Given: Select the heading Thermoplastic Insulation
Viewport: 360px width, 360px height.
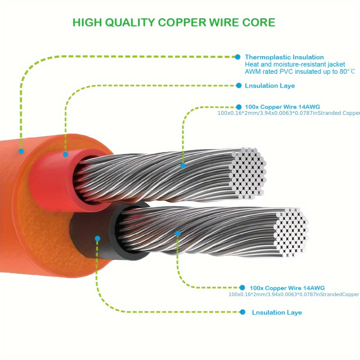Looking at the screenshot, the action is pyautogui.click(x=284, y=57).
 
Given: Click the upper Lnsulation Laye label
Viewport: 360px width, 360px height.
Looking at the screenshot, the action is pyautogui.click(x=270, y=86).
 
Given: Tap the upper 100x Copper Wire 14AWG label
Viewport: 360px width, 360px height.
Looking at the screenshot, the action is pyautogui.click(x=282, y=107).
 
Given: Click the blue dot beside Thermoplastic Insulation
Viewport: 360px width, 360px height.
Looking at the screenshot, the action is pyautogui.click(x=238, y=57).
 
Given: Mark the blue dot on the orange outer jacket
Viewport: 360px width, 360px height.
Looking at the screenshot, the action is pyautogui.click(x=21, y=151).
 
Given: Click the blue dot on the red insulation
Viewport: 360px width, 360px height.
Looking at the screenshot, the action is pyautogui.click(x=65, y=154).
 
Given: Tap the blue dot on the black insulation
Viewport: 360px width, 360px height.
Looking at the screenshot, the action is pyautogui.click(x=97, y=238).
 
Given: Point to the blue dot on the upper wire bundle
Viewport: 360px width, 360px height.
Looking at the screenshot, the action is pyautogui.click(x=183, y=166).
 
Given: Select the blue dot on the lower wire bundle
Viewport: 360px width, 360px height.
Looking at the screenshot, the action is pyautogui.click(x=178, y=233).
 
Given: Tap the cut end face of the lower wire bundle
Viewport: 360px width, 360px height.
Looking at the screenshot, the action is pyautogui.click(x=291, y=232).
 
